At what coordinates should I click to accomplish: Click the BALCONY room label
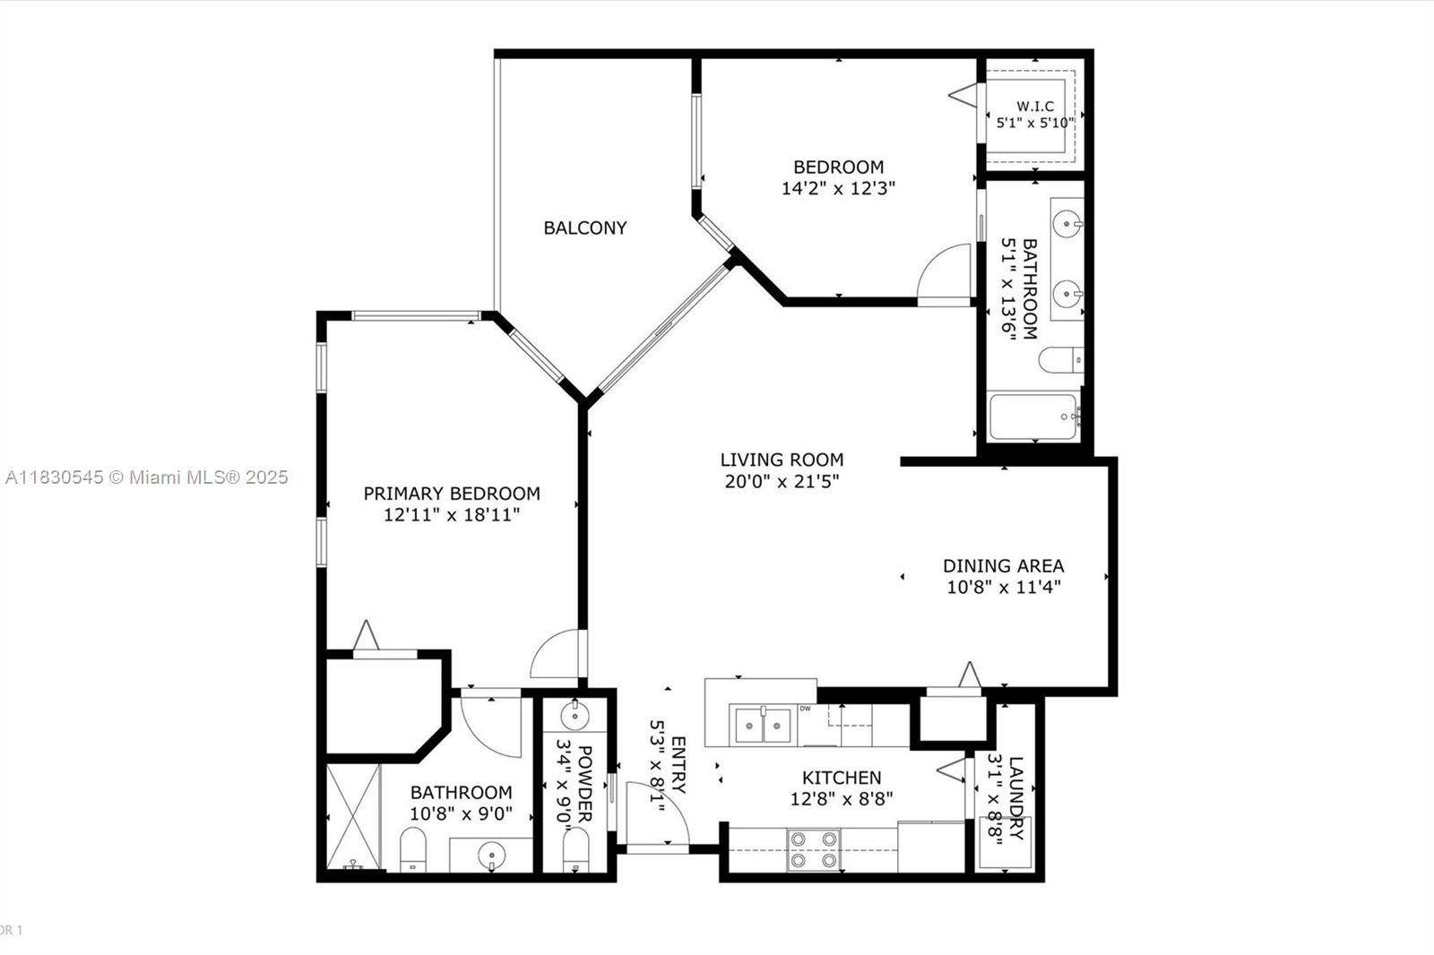click(x=585, y=228)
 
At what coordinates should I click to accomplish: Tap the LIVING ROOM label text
click(x=782, y=460)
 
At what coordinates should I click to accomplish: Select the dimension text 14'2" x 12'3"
click(x=838, y=188)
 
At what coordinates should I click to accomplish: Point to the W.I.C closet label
click(x=1035, y=107)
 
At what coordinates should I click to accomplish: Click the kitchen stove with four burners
click(x=813, y=849)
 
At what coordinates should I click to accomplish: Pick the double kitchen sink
click(x=763, y=726)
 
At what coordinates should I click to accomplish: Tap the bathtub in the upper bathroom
click(x=1033, y=417)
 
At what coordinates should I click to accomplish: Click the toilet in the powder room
click(x=575, y=849)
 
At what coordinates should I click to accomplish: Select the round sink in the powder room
click(x=574, y=716)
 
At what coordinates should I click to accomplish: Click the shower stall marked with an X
click(x=353, y=817)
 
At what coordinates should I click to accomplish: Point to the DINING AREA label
click(x=1003, y=566)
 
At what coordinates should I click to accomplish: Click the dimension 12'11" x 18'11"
click(x=452, y=515)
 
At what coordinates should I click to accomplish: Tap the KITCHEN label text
click(x=842, y=778)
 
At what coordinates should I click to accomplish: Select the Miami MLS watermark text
click(x=147, y=477)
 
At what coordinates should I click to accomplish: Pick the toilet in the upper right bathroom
click(x=1061, y=360)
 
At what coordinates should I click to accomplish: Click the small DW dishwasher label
click(x=806, y=709)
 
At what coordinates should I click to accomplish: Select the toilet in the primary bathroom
click(x=413, y=849)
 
